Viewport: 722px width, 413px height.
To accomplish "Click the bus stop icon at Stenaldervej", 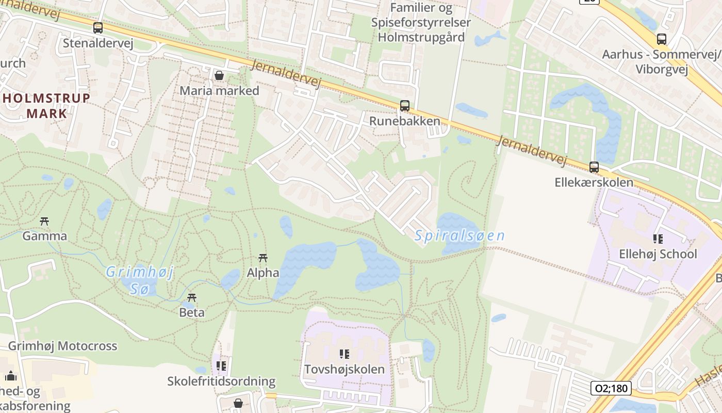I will (98, 28).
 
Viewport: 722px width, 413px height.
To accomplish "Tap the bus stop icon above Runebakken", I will (405, 106).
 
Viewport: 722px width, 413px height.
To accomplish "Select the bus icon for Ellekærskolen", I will (594, 167).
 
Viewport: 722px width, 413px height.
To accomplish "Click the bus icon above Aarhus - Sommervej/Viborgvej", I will (662, 39).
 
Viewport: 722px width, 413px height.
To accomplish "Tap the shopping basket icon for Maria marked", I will (219, 76).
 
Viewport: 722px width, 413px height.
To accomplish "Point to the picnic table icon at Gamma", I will (44, 221).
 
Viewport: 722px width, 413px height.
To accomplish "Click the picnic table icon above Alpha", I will (262, 258).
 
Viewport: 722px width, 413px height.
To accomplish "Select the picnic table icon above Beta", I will (192, 297).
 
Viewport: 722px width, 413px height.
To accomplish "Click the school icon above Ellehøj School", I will (658, 239).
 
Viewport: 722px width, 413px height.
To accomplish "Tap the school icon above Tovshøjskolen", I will (344, 354).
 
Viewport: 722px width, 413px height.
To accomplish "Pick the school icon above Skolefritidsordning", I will (221, 366).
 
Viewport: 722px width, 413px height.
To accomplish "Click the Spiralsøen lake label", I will (460, 236).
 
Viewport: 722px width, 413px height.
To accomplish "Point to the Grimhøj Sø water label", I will (140, 280).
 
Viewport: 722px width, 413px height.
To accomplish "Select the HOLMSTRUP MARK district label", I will (47, 106).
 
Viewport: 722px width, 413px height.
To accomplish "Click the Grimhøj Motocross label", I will (62, 346).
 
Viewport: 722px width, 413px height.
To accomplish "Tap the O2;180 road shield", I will (611, 388).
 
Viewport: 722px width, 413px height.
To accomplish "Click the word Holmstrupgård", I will (421, 37).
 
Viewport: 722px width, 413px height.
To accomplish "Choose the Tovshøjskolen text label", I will (344, 369).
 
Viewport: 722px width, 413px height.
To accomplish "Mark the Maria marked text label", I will (219, 91).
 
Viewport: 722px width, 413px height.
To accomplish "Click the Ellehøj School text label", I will (658, 254).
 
